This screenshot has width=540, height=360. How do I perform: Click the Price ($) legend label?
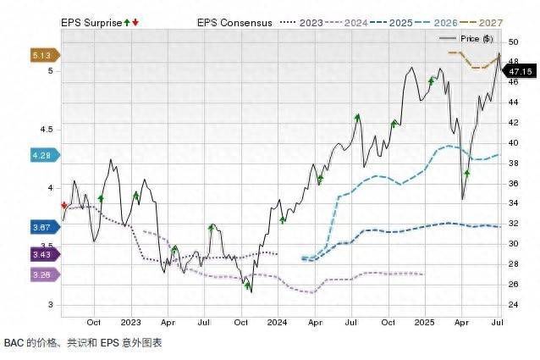point(475,39)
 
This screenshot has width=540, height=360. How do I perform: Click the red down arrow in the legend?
point(135,22)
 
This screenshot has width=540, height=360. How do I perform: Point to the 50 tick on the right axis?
point(513,42)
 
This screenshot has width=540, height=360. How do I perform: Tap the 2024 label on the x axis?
point(277,323)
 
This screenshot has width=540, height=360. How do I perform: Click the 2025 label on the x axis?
point(425,323)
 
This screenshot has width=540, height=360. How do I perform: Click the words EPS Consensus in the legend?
point(234,23)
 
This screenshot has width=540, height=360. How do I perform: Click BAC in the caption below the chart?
point(14,343)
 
